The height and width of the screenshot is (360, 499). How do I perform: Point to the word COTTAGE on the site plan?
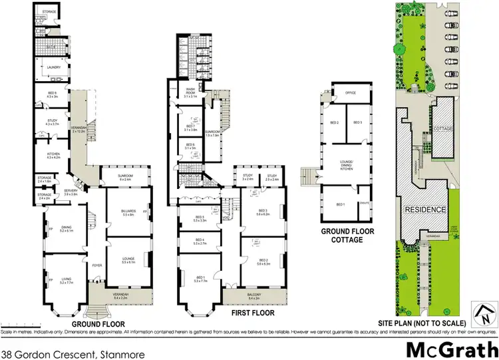(x=442, y=128)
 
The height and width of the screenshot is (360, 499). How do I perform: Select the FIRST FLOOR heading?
(x=249, y=311)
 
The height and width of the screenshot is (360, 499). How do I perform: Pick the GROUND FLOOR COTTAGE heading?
(x=342, y=235)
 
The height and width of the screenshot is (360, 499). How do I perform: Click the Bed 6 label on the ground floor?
(x=53, y=94)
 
